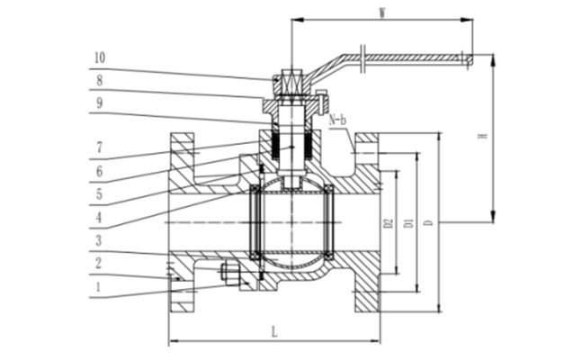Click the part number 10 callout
[99, 58]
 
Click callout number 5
[99, 193]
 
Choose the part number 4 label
[99, 216]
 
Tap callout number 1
[99, 288]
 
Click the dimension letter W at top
[382, 12]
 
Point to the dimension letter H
[482, 137]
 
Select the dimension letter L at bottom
[274, 333]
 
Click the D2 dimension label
[389, 221]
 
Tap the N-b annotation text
[338, 119]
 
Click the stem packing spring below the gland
[292, 143]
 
